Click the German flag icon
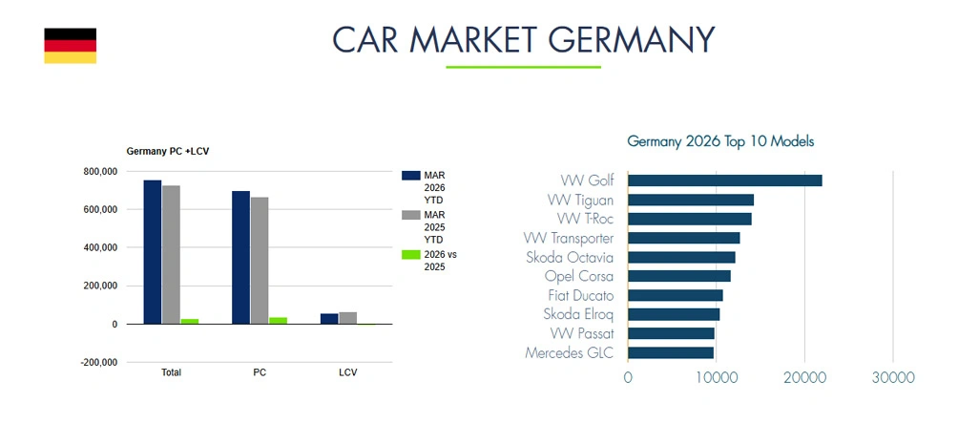pos(70,46)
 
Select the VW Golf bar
pos(724,180)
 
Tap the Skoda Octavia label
pos(570,257)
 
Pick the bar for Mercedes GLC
pos(670,352)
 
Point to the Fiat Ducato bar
pos(675,295)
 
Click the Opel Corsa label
pos(578,276)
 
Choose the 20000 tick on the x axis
pos(804,377)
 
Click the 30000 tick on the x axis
pos(893,377)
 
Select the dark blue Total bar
pos(153,252)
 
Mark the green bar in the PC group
pos(278,320)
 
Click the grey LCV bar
pos(347,318)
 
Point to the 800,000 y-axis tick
pos(100,171)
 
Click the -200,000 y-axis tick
pos(99,363)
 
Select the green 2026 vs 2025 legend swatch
pos(411,255)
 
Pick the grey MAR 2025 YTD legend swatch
pos(411,216)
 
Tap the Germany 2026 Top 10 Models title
pos(720,141)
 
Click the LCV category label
pos(347,372)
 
